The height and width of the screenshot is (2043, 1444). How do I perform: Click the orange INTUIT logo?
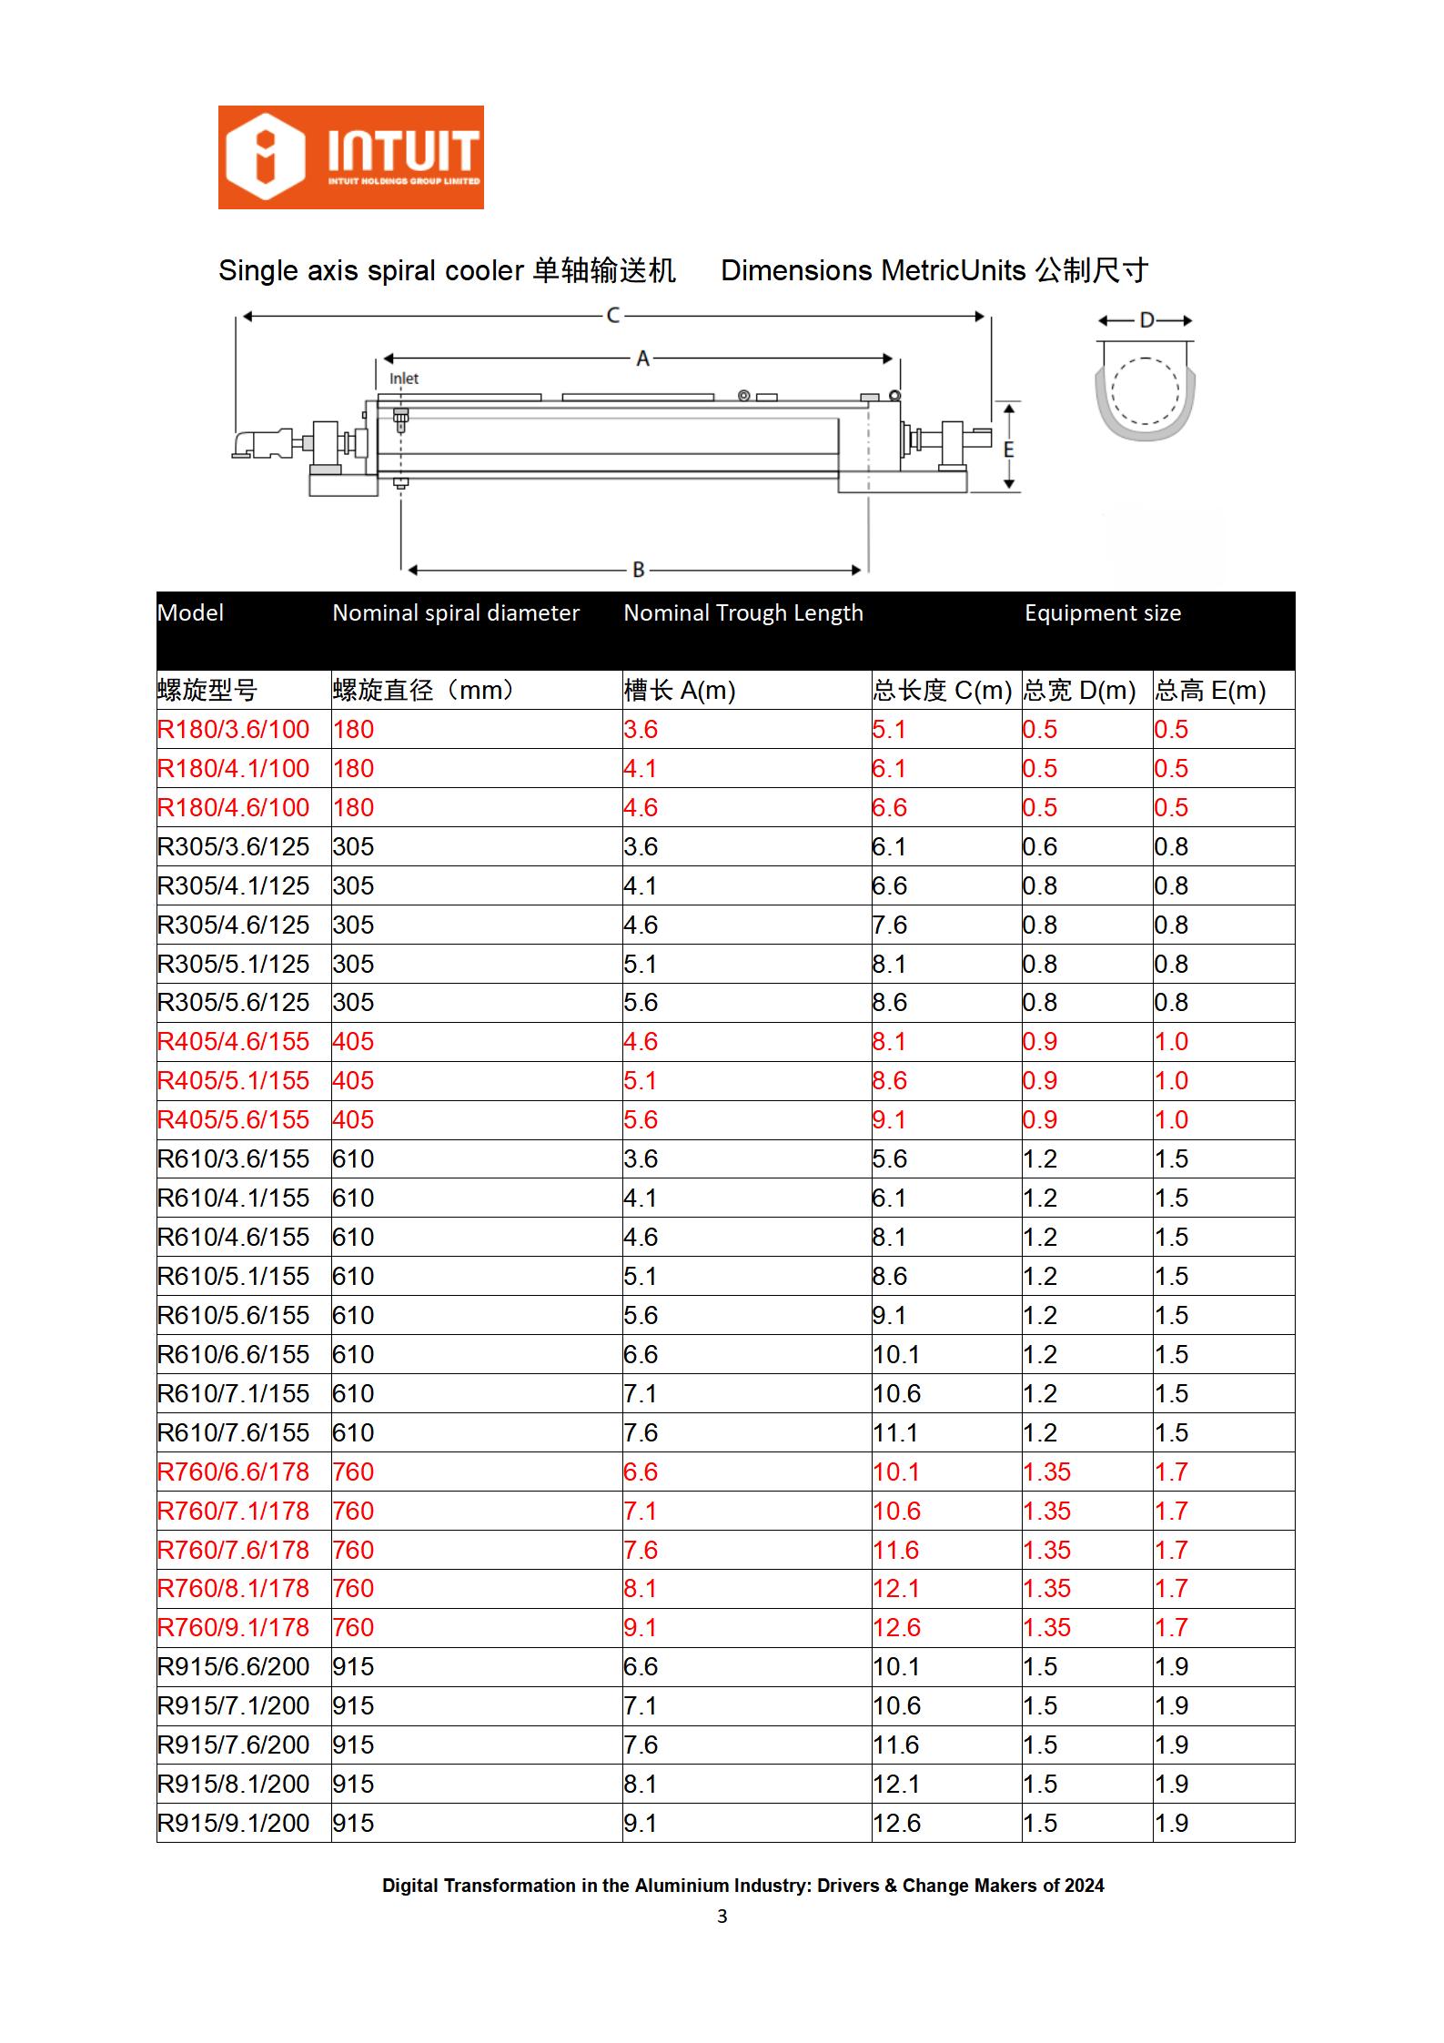[x=350, y=157]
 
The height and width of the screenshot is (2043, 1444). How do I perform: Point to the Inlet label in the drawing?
[x=404, y=379]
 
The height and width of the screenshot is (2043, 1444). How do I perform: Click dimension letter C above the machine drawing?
[x=613, y=316]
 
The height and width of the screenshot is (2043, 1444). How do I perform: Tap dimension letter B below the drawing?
[x=639, y=570]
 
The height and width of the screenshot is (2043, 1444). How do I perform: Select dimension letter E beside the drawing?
[x=1008, y=450]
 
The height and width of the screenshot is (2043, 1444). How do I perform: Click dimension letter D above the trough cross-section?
[x=1146, y=320]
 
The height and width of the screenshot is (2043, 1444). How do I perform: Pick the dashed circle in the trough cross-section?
[x=1145, y=391]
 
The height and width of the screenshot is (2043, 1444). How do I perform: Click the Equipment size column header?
[x=1102, y=613]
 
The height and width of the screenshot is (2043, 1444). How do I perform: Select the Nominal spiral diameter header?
[x=455, y=613]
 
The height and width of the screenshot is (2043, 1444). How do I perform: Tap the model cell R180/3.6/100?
[x=233, y=730]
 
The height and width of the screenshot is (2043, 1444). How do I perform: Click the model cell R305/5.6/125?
[x=233, y=1003]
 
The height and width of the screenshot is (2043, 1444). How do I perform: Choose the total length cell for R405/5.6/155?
[x=889, y=1120]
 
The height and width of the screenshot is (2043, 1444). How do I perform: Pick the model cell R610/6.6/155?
[x=233, y=1355]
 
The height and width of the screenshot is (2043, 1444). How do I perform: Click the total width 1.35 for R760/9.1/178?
[x=1046, y=1628]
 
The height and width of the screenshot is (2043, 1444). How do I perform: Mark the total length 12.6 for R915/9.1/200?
[x=896, y=1824]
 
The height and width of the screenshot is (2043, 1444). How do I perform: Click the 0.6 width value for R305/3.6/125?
[x=1039, y=847]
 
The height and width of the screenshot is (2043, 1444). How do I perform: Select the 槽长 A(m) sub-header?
[x=679, y=691]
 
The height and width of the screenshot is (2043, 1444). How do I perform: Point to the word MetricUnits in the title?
[x=954, y=271]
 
